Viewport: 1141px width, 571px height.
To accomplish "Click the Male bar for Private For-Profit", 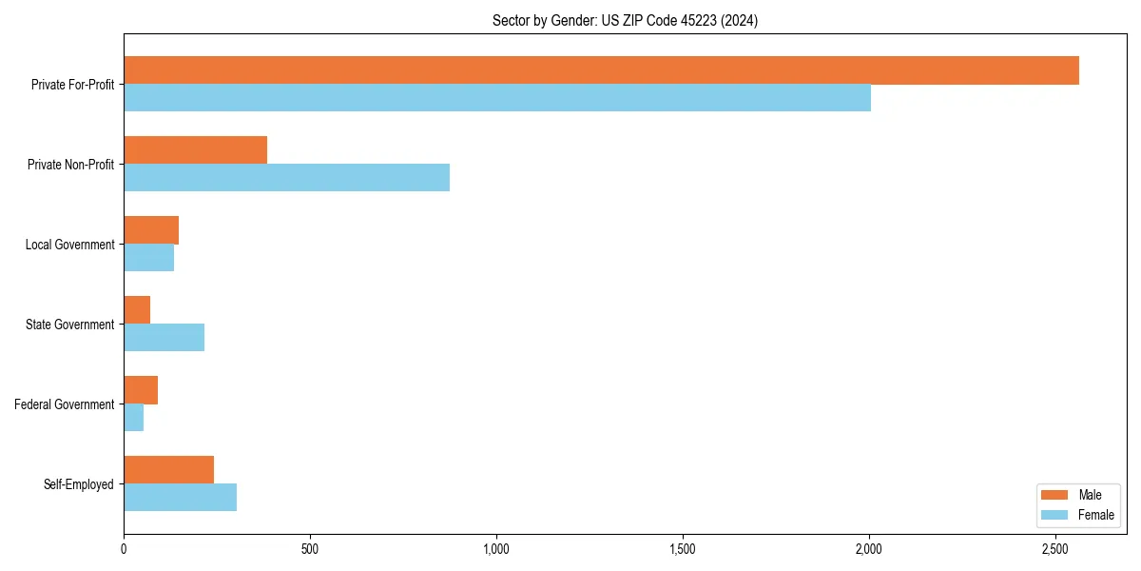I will click(x=601, y=70).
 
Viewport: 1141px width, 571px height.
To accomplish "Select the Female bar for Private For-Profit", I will click(x=497, y=98).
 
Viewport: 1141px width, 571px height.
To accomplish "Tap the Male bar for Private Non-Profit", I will click(x=195, y=150).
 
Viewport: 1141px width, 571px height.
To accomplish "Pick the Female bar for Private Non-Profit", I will click(x=286, y=178).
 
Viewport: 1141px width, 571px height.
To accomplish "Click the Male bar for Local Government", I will click(x=151, y=230).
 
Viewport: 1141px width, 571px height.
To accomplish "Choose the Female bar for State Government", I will click(x=164, y=338).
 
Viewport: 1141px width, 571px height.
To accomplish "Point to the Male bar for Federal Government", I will click(x=141, y=390).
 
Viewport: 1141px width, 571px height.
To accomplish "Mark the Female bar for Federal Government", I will click(x=133, y=418).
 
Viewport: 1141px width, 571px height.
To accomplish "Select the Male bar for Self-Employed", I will click(x=168, y=470).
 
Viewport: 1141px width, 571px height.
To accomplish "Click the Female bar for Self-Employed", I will click(x=180, y=498).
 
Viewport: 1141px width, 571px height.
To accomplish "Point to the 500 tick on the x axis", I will click(x=310, y=549).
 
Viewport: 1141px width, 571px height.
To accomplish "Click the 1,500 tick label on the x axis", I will click(x=683, y=549).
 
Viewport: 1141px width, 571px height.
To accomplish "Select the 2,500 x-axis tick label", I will click(x=1055, y=549).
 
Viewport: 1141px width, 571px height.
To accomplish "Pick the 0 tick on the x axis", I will click(x=124, y=549).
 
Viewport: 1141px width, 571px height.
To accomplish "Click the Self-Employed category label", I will click(x=79, y=484).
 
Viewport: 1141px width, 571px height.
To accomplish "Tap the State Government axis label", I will click(x=69, y=325).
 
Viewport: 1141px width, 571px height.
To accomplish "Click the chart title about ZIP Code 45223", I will click(x=625, y=20).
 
